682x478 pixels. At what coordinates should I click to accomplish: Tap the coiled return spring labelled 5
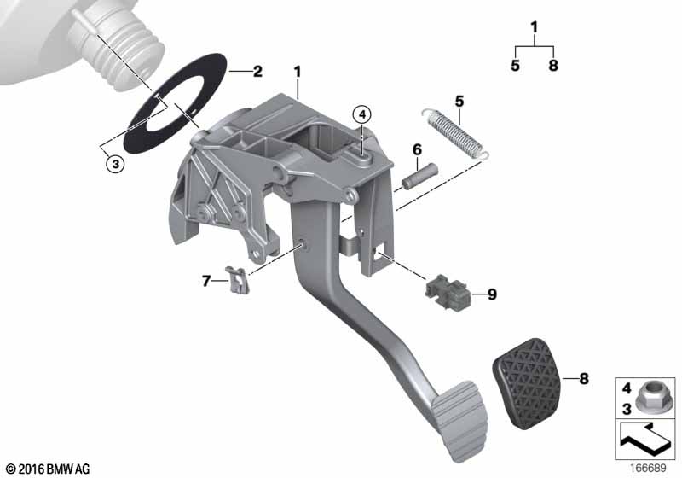(x=455, y=132)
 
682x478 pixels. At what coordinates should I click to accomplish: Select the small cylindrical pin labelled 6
(x=419, y=177)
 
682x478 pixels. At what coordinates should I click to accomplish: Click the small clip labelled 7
(x=238, y=280)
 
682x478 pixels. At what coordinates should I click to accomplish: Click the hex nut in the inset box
(x=650, y=397)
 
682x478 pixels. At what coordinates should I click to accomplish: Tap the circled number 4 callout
(x=362, y=115)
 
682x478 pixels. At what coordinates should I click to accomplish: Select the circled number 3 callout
(x=115, y=164)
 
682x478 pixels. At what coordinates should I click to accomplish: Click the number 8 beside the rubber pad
(x=584, y=379)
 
